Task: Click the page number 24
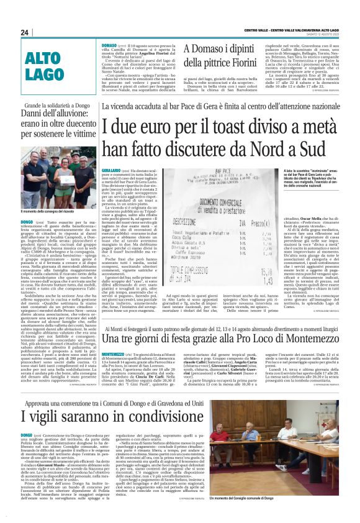click(x=25, y=32)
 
